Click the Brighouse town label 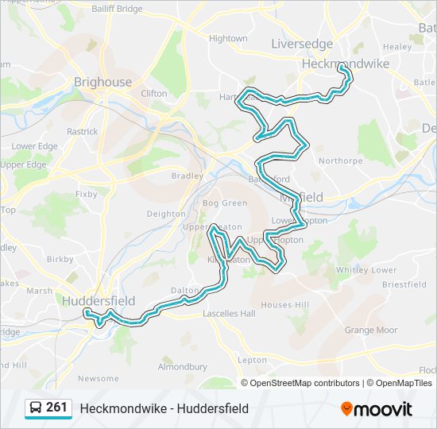(102, 82)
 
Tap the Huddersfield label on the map (99, 301)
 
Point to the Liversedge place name (302, 43)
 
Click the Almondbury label (182, 367)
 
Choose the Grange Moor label (370, 330)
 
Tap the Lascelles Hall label (229, 314)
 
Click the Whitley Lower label (365, 270)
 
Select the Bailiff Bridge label (117, 9)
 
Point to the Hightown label (228, 38)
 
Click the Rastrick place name (82, 132)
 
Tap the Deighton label (166, 214)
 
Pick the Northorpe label (340, 160)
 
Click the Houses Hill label (284, 305)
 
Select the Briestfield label (404, 284)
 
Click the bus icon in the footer (35, 408)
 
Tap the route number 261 (56, 408)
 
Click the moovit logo (377, 409)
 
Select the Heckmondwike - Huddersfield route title (164, 408)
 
